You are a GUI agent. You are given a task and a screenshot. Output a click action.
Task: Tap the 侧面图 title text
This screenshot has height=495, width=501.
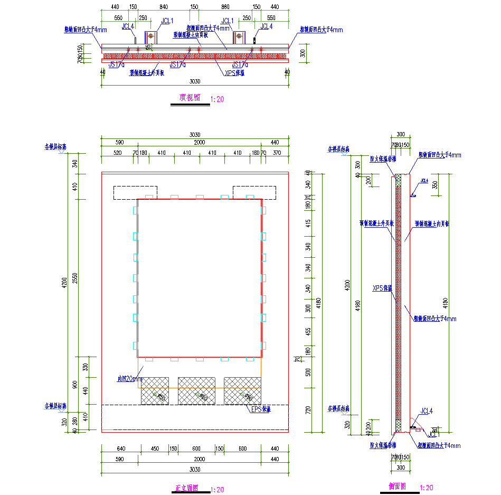point(397,486)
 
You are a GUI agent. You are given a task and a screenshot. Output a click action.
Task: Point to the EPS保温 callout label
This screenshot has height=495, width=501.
point(260,409)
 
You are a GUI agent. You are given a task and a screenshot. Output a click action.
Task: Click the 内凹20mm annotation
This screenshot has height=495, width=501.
point(129,379)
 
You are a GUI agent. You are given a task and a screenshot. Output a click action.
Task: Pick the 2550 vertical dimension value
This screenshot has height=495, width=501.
point(75,277)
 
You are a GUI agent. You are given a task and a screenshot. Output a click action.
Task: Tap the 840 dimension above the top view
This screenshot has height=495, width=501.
point(163,7)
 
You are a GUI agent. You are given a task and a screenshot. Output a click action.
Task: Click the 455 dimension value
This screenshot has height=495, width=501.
point(308,331)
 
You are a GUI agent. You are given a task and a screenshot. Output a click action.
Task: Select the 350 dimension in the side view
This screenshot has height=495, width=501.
point(435,185)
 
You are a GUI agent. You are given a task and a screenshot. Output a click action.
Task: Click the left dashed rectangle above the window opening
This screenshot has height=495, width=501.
point(136,192)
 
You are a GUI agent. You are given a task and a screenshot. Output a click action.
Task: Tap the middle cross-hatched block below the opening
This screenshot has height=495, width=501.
point(197,391)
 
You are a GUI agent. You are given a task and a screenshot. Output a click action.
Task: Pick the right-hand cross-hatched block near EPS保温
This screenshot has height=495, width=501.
point(242,391)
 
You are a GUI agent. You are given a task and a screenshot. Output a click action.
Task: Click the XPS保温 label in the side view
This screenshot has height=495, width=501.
point(383,288)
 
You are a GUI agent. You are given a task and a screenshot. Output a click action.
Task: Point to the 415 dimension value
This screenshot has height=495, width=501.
point(308,223)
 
